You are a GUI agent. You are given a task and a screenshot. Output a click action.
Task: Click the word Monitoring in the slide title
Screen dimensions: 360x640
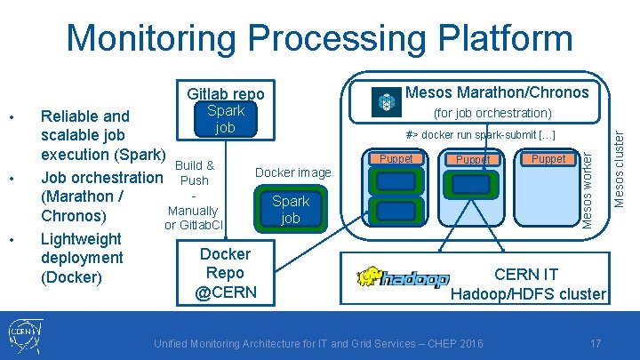coord(151,38)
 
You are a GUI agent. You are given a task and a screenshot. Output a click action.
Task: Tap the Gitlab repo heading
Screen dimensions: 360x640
coord(226,93)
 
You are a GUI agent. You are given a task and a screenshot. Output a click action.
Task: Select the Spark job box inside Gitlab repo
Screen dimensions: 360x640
coord(226,119)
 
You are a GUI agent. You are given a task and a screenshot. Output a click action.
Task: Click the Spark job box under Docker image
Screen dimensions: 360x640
coord(291,209)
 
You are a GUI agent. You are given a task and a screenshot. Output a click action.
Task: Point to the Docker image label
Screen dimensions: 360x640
coord(293,172)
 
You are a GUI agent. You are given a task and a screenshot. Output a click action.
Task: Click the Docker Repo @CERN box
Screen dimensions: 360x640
coord(225,273)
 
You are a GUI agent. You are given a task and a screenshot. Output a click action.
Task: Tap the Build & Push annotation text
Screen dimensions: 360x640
coord(195,172)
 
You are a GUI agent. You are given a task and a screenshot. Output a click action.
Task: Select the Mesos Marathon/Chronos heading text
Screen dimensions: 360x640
coord(497,92)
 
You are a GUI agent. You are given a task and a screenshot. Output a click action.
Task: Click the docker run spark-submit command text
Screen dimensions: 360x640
coord(480,134)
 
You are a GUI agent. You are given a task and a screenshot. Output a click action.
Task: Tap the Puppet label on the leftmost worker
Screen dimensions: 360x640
coord(396,159)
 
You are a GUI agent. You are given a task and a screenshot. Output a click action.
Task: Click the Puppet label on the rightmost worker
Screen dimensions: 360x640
coord(548,159)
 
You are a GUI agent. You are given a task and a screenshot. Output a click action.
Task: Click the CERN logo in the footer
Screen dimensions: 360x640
coord(25,336)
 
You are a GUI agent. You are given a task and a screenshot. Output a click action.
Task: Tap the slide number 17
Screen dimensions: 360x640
coord(595,343)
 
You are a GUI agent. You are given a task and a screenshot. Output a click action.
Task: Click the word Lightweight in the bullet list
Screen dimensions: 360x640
coord(81,238)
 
